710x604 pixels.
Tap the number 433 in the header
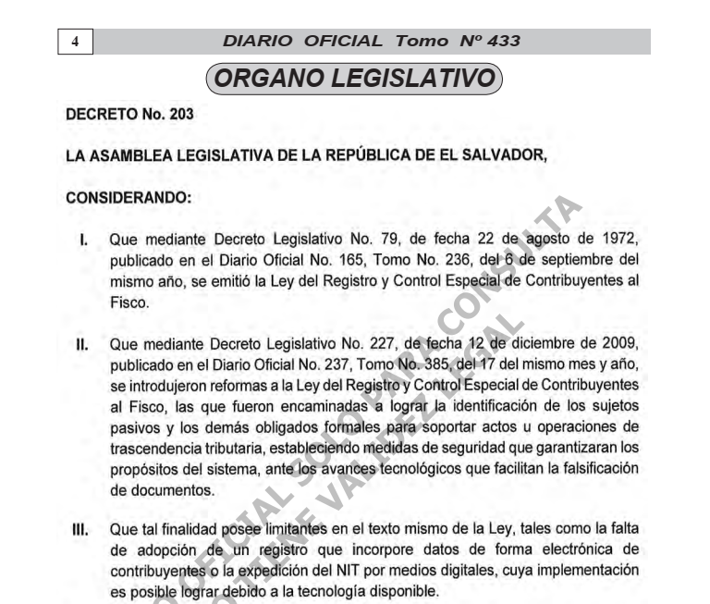click(500, 42)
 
